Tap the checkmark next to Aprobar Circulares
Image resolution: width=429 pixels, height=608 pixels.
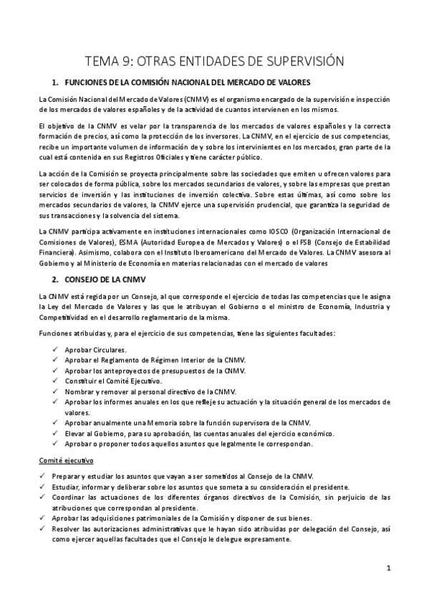coord(56,349)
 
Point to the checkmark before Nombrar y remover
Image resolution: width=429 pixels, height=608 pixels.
coord(56,391)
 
